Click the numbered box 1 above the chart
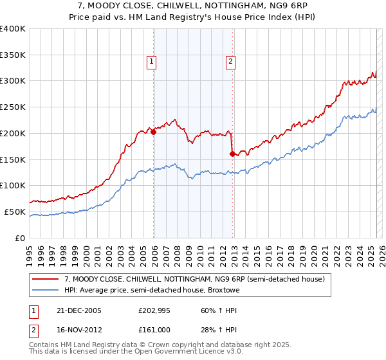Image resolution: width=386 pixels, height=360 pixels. coord(151,62)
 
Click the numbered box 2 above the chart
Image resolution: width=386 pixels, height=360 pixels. coord(230,62)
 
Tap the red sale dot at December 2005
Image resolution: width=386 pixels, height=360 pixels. coord(154,132)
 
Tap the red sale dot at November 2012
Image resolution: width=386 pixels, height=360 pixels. coord(232,154)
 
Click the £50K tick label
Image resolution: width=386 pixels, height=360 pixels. coord(15,212)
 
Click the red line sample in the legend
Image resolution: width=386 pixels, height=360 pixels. coord(46,279)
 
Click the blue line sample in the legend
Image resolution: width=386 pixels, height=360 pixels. coord(46,290)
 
